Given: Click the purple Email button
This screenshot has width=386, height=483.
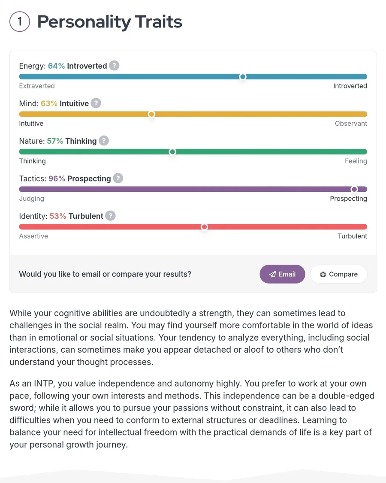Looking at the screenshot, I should (x=282, y=274).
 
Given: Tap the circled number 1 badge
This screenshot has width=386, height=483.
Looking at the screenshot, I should (x=20, y=22).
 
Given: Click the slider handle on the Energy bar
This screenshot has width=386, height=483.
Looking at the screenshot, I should (x=243, y=77).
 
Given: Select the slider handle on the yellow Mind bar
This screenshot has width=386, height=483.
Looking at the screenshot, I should (x=151, y=114).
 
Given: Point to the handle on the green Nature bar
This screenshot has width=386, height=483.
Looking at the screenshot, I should (x=172, y=152).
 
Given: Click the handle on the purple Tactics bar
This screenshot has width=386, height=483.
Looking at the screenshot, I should (x=354, y=189).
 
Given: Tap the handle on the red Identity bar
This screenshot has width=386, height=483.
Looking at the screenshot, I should (x=205, y=227).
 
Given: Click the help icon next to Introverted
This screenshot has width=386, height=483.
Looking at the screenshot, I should (x=114, y=66).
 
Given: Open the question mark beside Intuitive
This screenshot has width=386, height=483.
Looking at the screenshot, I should (x=96, y=103).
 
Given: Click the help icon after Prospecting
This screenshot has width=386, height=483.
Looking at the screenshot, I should (x=118, y=178).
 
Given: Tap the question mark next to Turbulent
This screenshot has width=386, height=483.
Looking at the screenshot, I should (x=110, y=216).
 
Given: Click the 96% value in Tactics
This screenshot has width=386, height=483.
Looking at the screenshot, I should (x=57, y=178).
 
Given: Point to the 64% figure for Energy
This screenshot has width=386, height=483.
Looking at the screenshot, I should (x=56, y=66).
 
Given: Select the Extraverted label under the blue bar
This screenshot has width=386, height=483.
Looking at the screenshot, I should (x=37, y=86).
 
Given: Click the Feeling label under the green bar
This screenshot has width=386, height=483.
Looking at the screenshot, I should (x=356, y=161).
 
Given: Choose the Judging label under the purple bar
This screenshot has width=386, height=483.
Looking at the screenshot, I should (x=32, y=199).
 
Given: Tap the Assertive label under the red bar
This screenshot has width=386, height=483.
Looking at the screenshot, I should (x=33, y=236).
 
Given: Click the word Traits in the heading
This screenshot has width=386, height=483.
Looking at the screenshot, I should (x=158, y=22).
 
